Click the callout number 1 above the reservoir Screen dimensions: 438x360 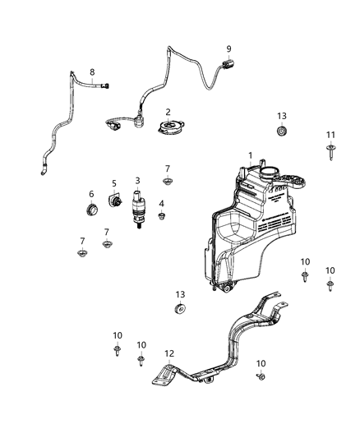pyautogui.click(x=251, y=154)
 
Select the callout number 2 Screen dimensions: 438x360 pyautogui.click(x=168, y=112)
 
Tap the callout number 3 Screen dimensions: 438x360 pyautogui.click(x=137, y=180)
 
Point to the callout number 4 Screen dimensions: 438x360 pyautogui.click(x=161, y=203)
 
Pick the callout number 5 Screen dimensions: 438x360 pyautogui.click(x=114, y=183)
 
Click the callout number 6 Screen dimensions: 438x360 pyautogui.click(x=91, y=194)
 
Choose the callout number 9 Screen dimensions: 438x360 pyautogui.click(x=228, y=48)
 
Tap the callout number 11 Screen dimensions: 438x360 pyautogui.click(x=330, y=134)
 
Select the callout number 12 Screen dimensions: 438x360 pyautogui.click(x=168, y=353)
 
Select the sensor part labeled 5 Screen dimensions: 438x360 pyautogui.click(x=116, y=201)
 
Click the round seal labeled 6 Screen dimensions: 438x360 pyautogui.click(x=92, y=210)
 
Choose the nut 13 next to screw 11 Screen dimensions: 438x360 pyautogui.click(x=283, y=132)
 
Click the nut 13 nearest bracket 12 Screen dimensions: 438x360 pyautogui.click(x=180, y=310)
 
